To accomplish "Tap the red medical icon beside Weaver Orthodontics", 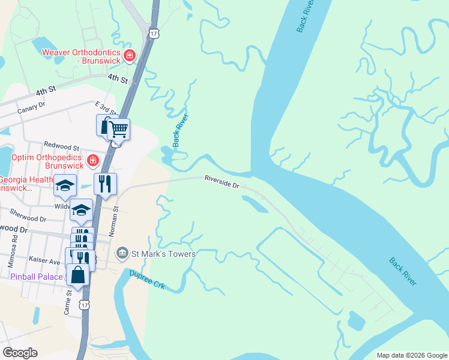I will coord(129,56).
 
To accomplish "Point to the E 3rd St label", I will coord(106,109).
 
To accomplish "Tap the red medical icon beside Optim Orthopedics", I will coord(92,160).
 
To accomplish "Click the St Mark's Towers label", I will coord(163,254).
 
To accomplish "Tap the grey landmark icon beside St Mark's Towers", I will coord(122,253).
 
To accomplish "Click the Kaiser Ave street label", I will coord(44,261).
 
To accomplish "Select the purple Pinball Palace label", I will coord(37,277).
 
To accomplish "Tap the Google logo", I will coord(20,353).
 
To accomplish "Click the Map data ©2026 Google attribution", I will coord(411,355).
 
